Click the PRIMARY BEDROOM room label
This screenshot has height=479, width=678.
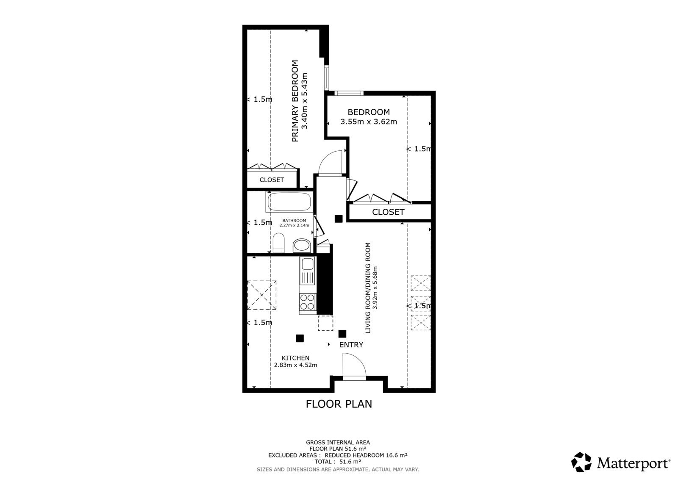click(295, 101)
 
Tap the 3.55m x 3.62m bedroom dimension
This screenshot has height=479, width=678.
click(369, 122)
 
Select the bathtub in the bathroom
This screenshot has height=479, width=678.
click(290, 202)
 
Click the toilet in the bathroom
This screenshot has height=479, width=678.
click(278, 244)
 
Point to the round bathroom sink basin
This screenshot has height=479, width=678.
click(302, 245)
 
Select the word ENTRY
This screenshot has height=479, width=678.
click(351, 345)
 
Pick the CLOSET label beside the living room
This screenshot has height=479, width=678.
click(388, 212)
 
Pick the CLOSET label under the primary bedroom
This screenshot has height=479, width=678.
click(272, 180)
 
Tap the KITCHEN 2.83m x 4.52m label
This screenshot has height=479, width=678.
click(295, 361)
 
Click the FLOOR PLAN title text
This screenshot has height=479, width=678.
click(339, 404)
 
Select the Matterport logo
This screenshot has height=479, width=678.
click(621, 462)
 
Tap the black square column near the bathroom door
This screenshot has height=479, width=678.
click(338, 219)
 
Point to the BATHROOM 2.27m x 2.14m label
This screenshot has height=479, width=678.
click(294, 223)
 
